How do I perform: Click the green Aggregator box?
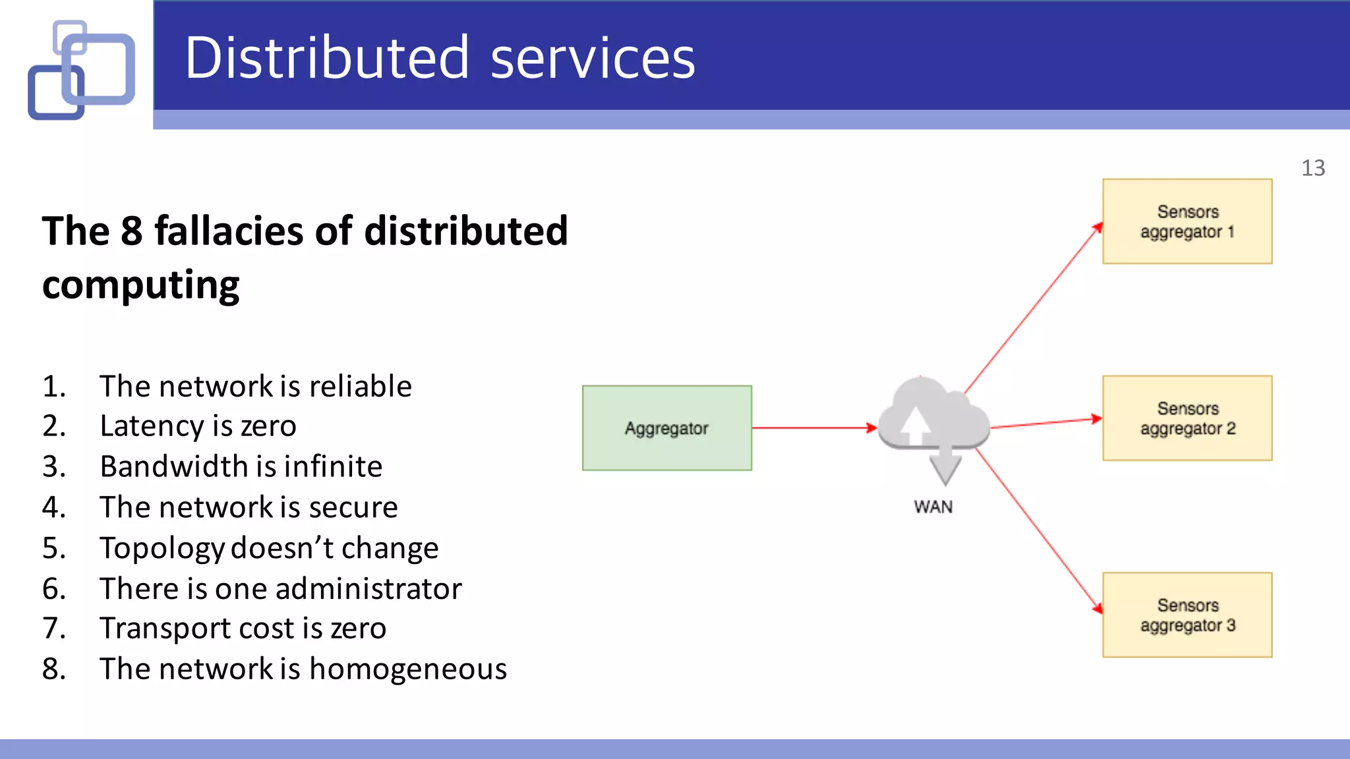pyautogui.click(x=666, y=428)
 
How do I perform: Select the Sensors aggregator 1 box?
pyautogui.click(x=1187, y=221)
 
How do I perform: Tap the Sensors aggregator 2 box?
pyautogui.click(x=1187, y=418)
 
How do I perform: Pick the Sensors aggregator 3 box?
pyautogui.click(x=1187, y=615)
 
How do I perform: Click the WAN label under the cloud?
pyautogui.click(x=933, y=507)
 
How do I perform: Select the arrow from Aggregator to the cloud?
pyautogui.click(x=814, y=428)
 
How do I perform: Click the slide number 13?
pyautogui.click(x=1312, y=168)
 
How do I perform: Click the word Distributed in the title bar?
pyautogui.click(x=327, y=58)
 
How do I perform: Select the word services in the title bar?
pyautogui.click(x=593, y=58)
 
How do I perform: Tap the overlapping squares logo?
pyautogui.click(x=82, y=70)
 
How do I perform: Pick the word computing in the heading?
pyautogui.click(x=140, y=285)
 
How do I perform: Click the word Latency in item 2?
pyautogui.click(x=151, y=426)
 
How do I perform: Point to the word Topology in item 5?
pyautogui.click(x=161, y=548)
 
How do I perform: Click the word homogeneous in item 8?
pyautogui.click(x=407, y=669)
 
